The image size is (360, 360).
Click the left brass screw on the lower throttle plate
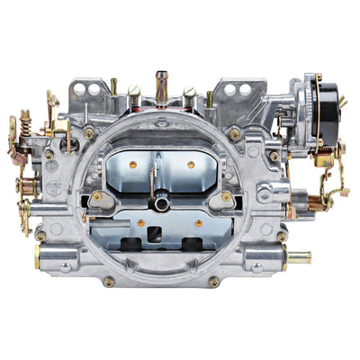click(140, 221)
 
